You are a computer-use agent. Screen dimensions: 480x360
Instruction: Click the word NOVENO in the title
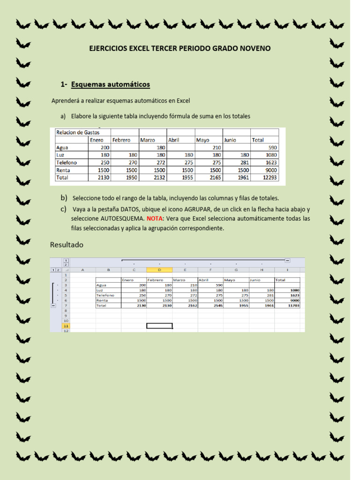pyautogui.click(x=255, y=48)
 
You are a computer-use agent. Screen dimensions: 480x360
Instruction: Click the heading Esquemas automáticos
pyautogui.click(x=111, y=84)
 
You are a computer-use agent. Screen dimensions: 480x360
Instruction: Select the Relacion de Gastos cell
pyautogui.click(x=78, y=133)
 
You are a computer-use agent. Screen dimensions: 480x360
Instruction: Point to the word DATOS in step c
pyautogui.click(x=130, y=210)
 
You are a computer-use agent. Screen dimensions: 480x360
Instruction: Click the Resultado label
pyautogui.click(x=67, y=245)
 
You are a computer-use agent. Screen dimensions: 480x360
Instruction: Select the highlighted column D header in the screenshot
pyautogui.click(x=159, y=270)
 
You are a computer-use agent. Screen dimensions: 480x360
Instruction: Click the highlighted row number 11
pyautogui.click(x=66, y=326)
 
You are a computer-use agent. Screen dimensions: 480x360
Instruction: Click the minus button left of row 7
pyautogui.click(x=53, y=306)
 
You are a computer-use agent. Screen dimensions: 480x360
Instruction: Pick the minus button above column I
pyautogui.click(x=287, y=261)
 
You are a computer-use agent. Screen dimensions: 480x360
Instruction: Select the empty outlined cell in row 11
pyautogui.click(x=159, y=326)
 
